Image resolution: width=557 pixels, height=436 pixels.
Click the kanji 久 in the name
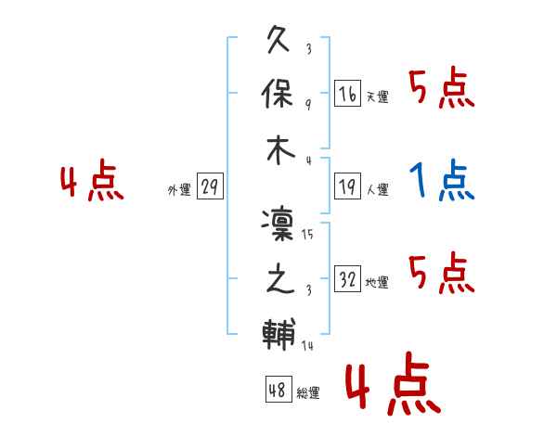pyautogui.click(x=278, y=39)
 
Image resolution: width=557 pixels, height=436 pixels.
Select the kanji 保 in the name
pyautogui.click(x=278, y=93)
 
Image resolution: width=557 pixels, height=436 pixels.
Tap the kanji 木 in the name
pyautogui.click(x=280, y=150)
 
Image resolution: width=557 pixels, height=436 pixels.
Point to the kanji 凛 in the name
pyautogui.click(x=278, y=224)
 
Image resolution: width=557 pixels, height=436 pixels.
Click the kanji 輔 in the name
pyautogui.click(x=278, y=334)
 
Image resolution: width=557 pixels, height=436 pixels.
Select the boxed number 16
pyautogui.click(x=347, y=94)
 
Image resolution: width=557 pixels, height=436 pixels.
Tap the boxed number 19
pyautogui.click(x=347, y=186)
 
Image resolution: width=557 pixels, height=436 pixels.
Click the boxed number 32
pyautogui.click(x=347, y=278)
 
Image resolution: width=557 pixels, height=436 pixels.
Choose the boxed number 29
pyautogui.click(x=210, y=186)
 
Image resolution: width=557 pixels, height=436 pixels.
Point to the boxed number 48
pyautogui.click(x=278, y=389)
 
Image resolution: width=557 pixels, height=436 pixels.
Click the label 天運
pyautogui.click(x=377, y=96)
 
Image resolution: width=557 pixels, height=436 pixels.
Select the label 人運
pyautogui.click(x=377, y=189)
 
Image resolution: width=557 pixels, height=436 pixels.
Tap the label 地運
pyautogui.click(x=377, y=282)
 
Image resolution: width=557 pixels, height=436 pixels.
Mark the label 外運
pyautogui.click(x=179, y=189)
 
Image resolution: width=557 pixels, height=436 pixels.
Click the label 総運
pyautogui.click(x=308, y=392)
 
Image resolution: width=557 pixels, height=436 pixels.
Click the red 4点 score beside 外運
pyautogui.click(x=92, y=180)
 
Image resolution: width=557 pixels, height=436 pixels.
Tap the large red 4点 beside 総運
pyautogui.click(x=393, y=383)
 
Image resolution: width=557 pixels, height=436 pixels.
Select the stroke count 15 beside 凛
pyautogui.click(x=307, y=235)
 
